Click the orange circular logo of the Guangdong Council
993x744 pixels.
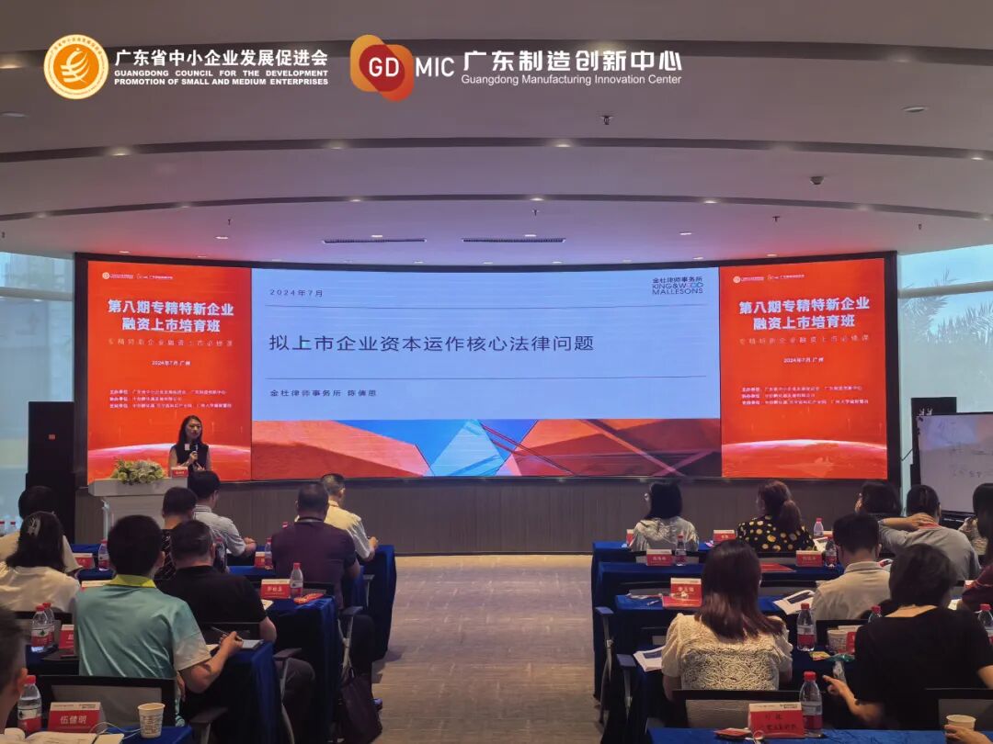(75, 66)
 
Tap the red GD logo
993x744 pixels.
(382, 67)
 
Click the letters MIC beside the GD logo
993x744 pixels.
(435, 67)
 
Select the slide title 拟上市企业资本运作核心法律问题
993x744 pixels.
(431, 343)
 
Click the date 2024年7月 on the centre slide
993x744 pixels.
(296, 292)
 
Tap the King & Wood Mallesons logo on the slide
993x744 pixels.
(677, 286)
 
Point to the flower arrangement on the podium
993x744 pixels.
(138, 471)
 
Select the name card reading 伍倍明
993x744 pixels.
(74, 715)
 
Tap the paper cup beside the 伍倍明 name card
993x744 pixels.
(151, 718)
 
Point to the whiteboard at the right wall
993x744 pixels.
(956, 459)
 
